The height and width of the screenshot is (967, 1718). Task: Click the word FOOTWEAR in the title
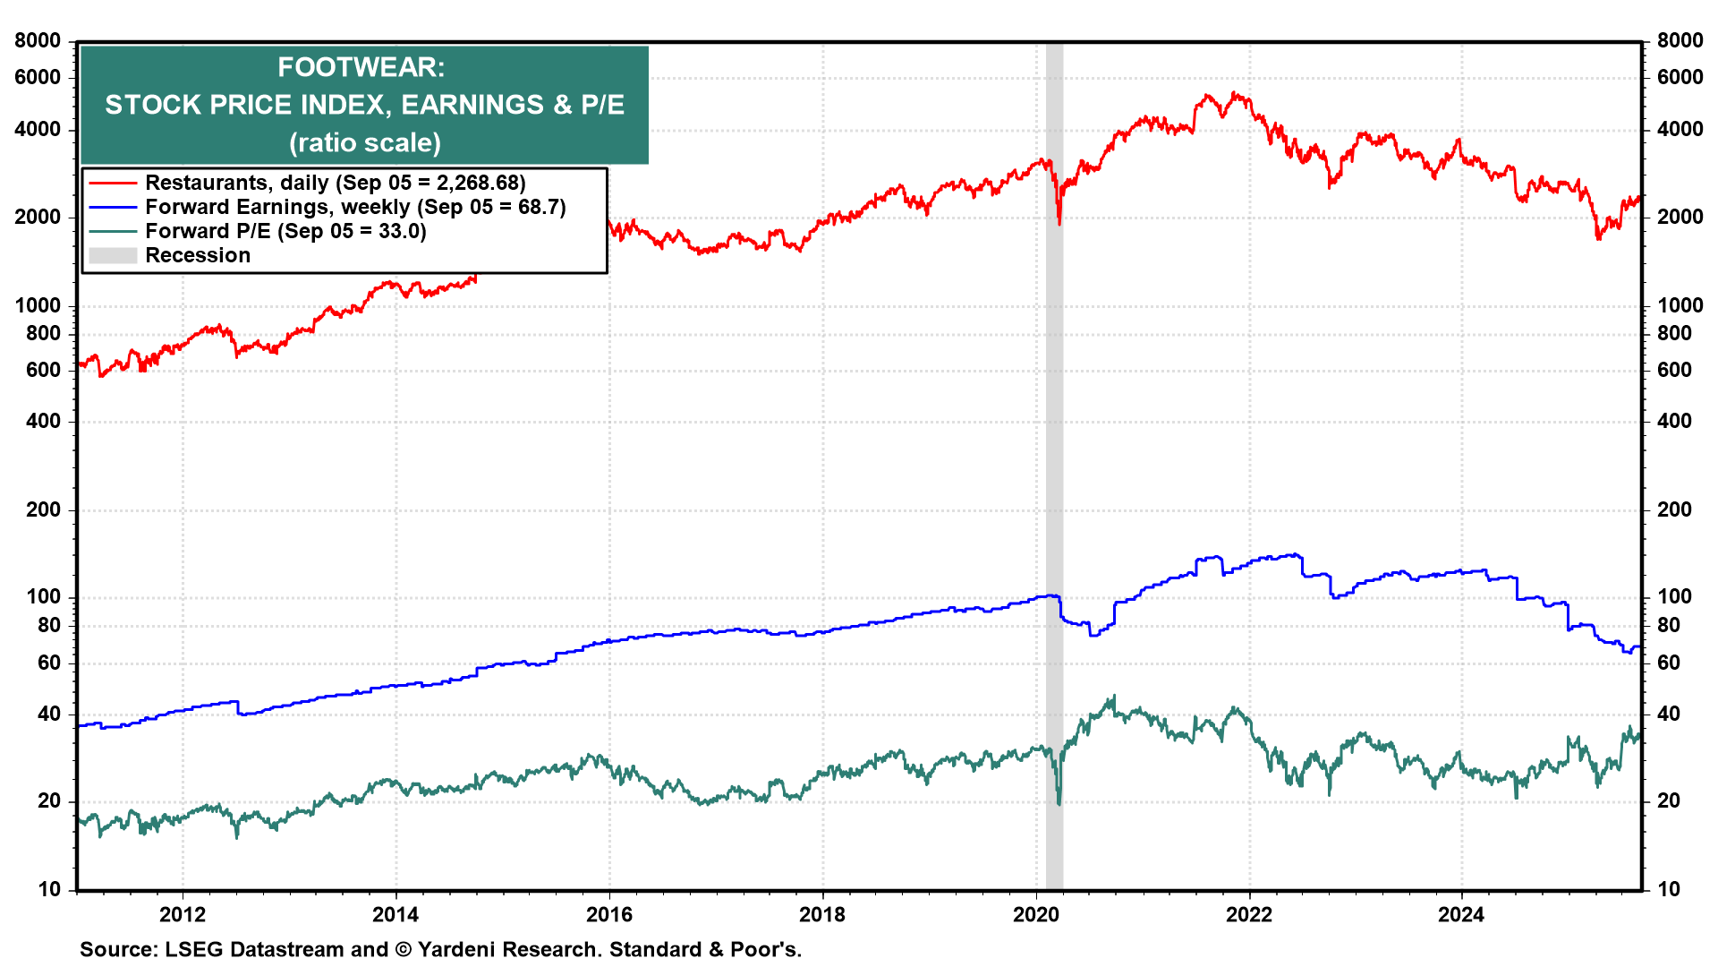(x=361, y=67)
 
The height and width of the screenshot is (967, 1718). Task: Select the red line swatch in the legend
(x=112, y=183)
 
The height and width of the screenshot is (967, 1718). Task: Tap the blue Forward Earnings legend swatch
(x=112, y=207)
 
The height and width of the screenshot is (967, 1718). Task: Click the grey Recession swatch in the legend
(x=112, y=256)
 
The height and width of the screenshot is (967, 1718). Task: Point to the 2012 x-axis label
(x=183, y=914)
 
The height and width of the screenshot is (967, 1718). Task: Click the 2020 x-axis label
(x=1035, y=914)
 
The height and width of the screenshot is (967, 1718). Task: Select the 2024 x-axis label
(x=1461, y=914)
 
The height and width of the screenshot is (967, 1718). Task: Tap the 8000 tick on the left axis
(x=38, y=40)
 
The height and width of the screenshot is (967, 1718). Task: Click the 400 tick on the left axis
(x=43, y=421)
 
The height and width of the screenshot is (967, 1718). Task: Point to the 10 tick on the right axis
(x=1669, y=889)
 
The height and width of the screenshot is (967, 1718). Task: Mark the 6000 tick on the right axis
(x=1680, y=77)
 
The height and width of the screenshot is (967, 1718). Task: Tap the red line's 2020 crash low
(x=1059, y=223)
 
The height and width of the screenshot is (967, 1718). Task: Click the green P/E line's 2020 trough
(x=1059, y=803)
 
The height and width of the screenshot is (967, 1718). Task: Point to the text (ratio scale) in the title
(x=364, y=142)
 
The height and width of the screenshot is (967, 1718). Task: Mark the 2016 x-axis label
(x=608, y=914)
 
